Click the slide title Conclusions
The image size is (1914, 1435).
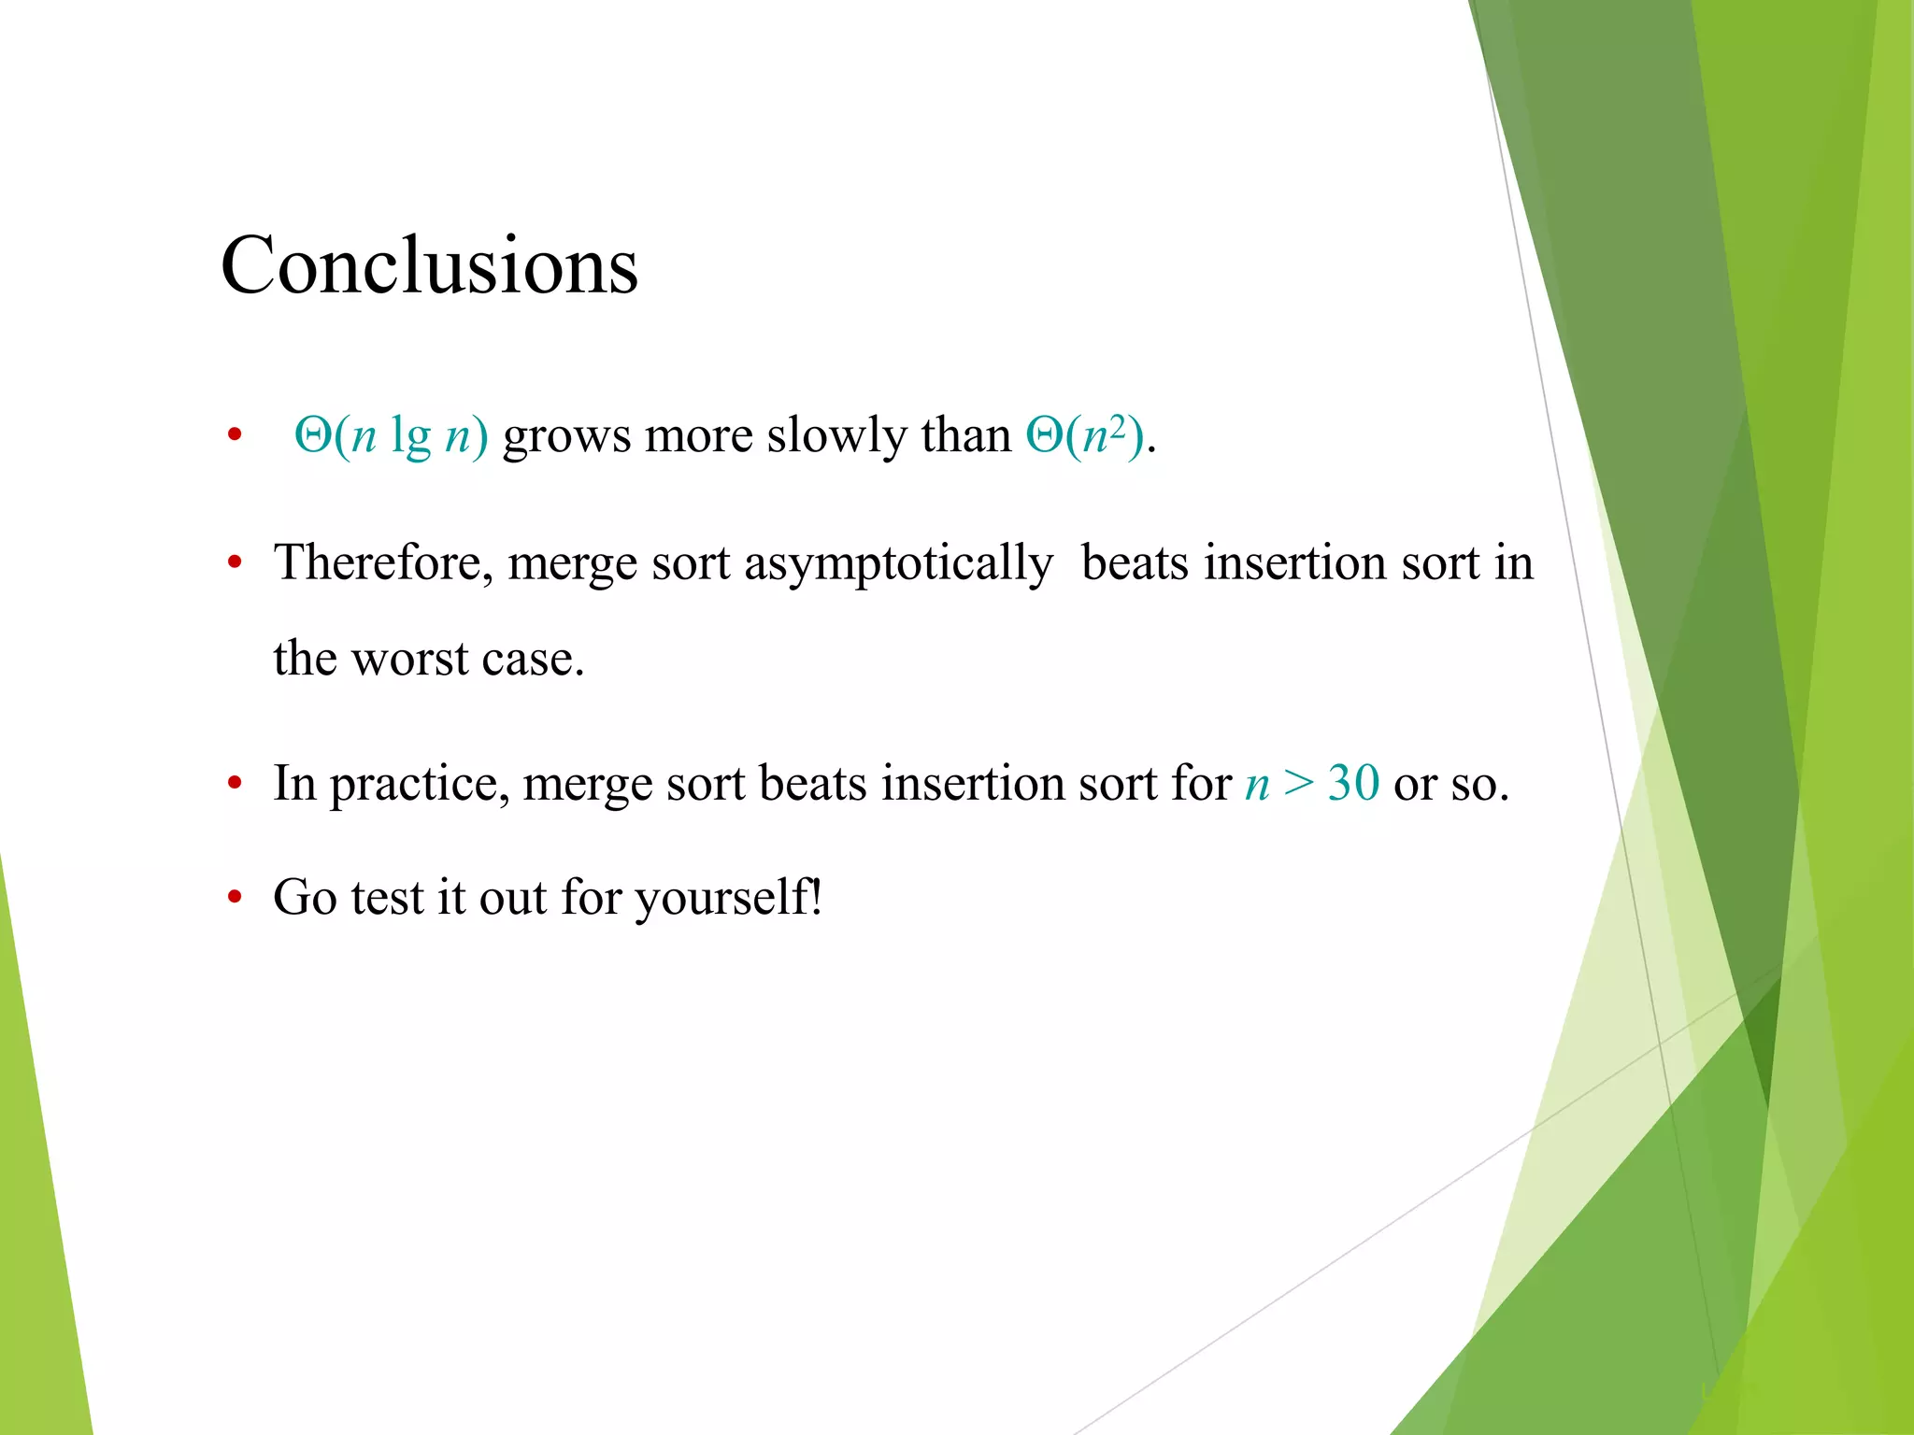click(429, 266)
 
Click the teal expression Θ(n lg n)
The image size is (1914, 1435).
click(391, 435)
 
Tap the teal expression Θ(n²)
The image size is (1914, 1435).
click(1084, 435)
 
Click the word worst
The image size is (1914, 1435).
click(409, 660)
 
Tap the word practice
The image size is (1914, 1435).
click(420, 785)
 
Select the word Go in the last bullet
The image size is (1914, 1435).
click(305, 898)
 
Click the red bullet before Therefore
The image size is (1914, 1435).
click(235, 563)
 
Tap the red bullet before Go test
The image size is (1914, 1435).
click(235, 898)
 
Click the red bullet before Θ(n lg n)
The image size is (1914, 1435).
click(235, 435)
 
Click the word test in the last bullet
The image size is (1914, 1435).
click(387, 898)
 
